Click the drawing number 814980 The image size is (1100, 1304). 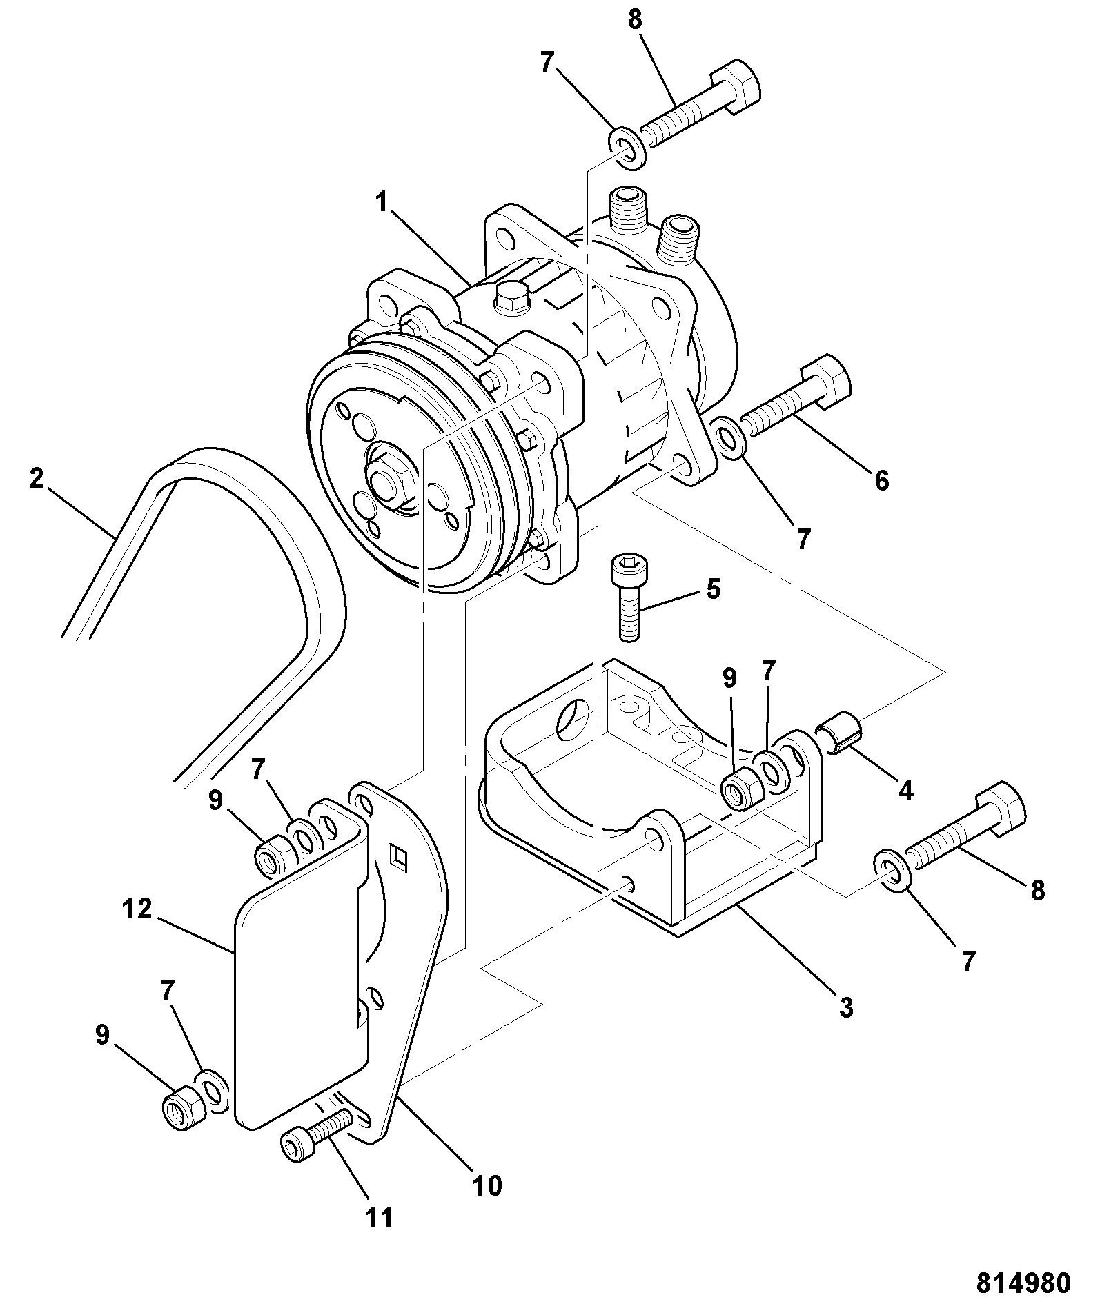coord(1023,1283)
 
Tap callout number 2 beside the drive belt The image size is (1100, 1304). coord(37,477)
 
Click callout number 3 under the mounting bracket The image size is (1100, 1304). coord(846,1007)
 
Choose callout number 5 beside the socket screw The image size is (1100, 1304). coord(713,589)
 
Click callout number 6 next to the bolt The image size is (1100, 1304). coord(882,480)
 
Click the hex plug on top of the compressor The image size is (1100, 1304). coord(511,299)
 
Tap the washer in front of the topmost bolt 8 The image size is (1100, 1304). coord(627,147)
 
